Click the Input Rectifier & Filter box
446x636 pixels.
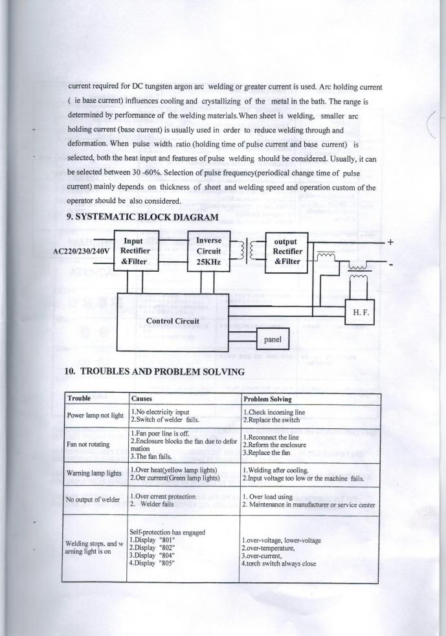pos(137,251)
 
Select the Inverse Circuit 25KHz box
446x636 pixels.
pos(208,251)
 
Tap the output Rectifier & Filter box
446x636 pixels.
pos(285,251)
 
